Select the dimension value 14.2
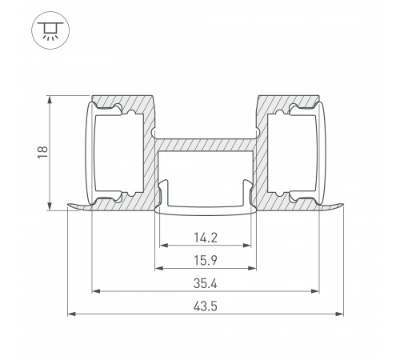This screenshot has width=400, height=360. coord(205,238)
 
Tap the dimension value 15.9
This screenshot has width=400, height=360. coord(205,260)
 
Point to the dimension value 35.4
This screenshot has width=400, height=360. coord(205,283)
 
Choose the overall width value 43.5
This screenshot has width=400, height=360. coord(205,306)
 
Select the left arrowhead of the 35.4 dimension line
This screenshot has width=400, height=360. coord(95,290)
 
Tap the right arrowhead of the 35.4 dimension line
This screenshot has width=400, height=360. coord(316,290)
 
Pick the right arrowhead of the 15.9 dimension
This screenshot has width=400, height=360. coord(252,267)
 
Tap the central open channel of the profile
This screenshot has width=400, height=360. coord(206,176)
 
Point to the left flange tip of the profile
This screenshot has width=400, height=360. coord(70,207)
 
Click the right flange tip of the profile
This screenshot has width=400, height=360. coord(342,207)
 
